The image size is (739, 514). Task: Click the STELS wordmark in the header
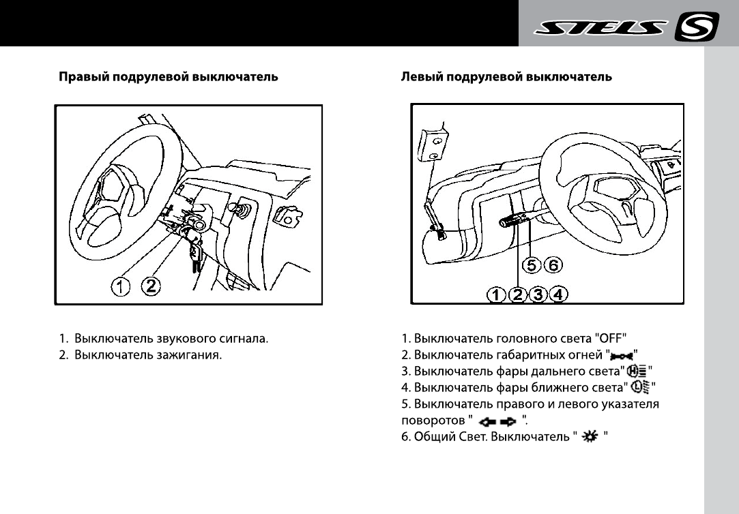[x=600, y=29]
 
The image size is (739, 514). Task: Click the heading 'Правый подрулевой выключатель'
[x=169, y=77]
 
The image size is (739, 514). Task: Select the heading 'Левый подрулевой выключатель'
[x=506, y=77]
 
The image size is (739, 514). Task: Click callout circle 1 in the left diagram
[x=121, y=288]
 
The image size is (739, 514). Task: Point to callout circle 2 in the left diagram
[x=151, y=288]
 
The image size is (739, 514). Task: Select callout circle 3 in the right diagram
[x=539, y=294]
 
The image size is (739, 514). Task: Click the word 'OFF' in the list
[x=611, y=338]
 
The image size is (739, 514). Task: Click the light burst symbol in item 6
[x=586, y=438]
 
